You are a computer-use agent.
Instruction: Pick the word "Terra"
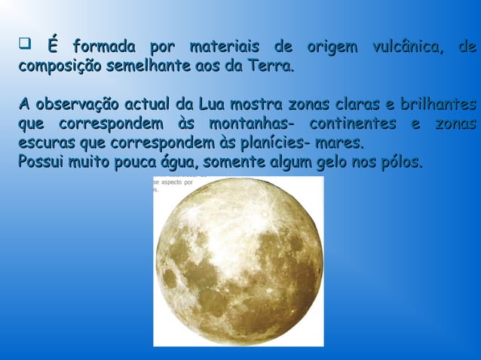[x=270, y=68]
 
